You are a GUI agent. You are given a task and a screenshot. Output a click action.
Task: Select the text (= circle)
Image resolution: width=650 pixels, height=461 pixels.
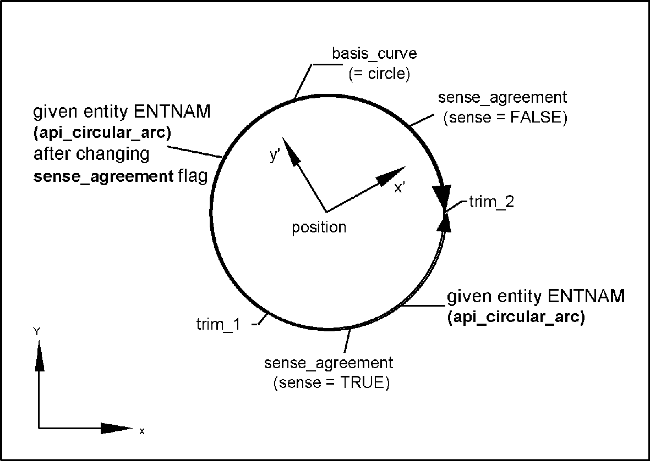[x=380, y=74]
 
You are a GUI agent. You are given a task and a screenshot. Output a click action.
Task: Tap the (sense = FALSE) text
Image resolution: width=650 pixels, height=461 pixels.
[x=505, y=118]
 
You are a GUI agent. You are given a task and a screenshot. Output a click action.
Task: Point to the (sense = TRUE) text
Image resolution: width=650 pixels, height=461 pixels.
[x=331, y=383]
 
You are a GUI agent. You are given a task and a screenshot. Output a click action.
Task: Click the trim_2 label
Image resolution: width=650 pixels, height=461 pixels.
[x=491, y=202]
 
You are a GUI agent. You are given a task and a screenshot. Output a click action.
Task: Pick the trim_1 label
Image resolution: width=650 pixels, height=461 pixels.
[x=218, y=324]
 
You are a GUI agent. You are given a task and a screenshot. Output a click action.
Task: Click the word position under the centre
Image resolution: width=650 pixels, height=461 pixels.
[x=319, y=227]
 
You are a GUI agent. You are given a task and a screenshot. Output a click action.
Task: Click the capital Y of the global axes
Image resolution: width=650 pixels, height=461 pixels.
[x=36, y=331]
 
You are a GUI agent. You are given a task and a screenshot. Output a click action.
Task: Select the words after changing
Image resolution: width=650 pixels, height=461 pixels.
[x=91, y=154]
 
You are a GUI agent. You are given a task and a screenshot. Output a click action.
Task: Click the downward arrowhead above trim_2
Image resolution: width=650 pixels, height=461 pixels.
[x=442, y=195]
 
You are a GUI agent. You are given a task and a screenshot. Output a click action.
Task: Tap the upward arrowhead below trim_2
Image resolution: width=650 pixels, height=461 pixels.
[x=445, y=223]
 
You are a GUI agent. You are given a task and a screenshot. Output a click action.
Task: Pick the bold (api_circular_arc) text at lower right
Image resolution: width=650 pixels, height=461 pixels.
[x=516, y=318]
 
